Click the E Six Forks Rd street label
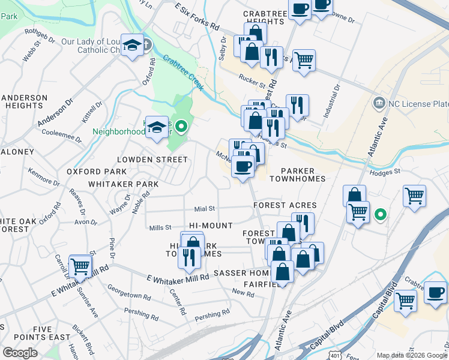coord(197,18)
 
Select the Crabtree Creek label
coord(184,73)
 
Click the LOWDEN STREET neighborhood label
coord(152,160)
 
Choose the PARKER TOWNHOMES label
coord(297,173)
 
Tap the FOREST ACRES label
coord(285,205)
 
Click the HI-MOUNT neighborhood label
coord(211,226)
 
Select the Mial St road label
coord(204,209)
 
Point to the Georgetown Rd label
coord(128,296)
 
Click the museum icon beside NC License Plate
coord(379,103)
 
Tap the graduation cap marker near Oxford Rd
coord(132,46)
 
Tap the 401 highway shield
coord(335,356)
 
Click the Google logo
coord(19,353)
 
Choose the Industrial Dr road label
coord(334,94)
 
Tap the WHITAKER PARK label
coord(123,184)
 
